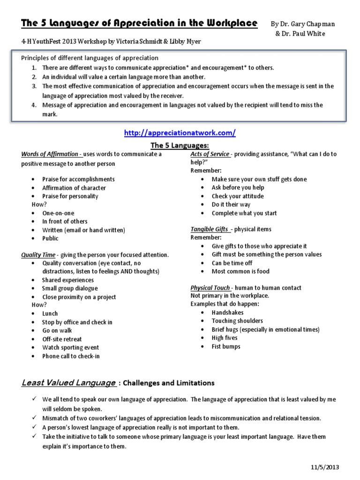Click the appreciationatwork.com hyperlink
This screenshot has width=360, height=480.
[180, 133]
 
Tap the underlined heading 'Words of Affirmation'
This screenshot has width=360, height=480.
[51, 154]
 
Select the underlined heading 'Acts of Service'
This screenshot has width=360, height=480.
[210, 154]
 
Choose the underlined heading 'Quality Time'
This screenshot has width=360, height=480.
[38, 255]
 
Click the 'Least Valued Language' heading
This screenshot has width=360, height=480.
[68, 383]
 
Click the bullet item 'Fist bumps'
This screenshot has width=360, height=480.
[226, 346]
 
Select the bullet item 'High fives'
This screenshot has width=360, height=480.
[225, 338]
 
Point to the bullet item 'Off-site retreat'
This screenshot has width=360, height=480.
[62, 339]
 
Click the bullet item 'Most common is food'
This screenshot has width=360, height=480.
[240, 271]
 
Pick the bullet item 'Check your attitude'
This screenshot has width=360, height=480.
[238, 196]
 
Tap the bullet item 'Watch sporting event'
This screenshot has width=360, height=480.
[70, 347]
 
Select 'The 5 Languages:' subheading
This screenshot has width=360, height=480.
[180, 146]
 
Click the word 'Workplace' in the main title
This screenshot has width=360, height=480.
[227, 22]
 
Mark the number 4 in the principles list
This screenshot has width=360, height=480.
[34, 105]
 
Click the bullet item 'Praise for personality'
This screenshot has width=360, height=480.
[70, 196]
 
